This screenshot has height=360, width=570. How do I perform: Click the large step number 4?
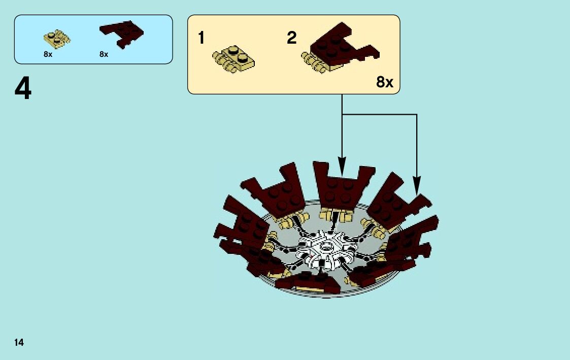(23, 90)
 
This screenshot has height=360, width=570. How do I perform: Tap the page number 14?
(19, 343)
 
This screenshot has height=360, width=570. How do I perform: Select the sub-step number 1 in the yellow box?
(202, 38)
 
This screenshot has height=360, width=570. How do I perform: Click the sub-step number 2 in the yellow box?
(291, 38)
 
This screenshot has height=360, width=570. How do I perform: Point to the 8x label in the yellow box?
(385, 82)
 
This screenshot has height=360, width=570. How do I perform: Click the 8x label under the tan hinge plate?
(48, 54)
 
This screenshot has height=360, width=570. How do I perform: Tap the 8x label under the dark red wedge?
(104, 54)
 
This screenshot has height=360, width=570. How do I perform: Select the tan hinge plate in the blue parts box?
(56, 39)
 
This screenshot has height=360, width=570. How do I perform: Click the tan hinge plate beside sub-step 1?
(234, 58)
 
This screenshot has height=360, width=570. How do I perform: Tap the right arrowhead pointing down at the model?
(417, 185)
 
